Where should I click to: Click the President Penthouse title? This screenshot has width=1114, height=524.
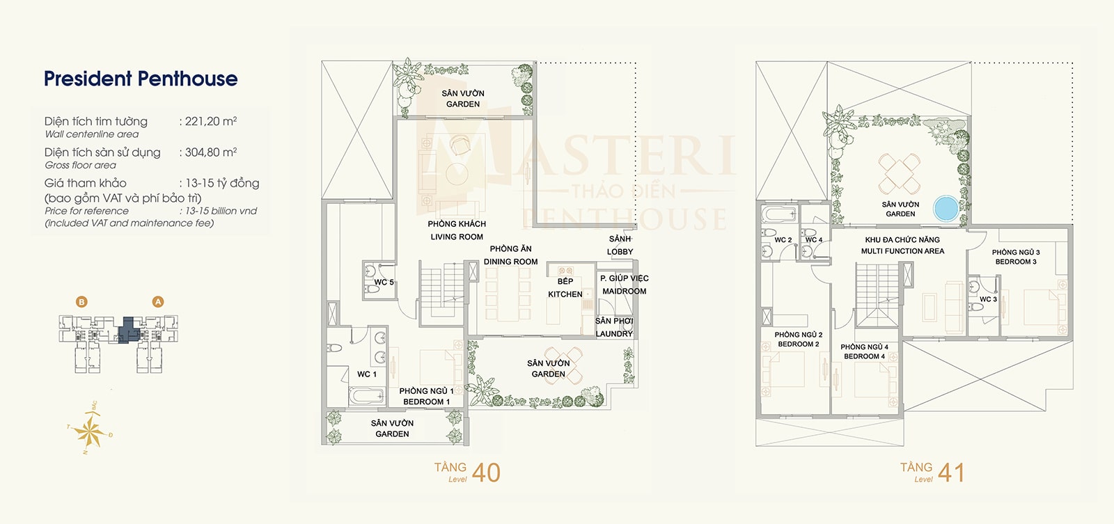141,79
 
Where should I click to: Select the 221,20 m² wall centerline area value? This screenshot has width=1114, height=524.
210,122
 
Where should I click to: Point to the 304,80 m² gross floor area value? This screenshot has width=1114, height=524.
210,152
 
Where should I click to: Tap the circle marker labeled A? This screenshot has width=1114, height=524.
158,302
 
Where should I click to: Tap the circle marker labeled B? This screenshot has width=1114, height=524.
82,302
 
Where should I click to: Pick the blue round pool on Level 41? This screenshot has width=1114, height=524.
946,207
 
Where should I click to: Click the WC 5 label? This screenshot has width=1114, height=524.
384,283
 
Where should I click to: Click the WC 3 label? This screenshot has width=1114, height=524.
988,299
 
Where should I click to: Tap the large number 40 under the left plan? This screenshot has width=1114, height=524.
486,473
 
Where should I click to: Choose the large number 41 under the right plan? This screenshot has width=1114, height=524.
951,473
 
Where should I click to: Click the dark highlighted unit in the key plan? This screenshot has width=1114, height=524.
127,328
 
